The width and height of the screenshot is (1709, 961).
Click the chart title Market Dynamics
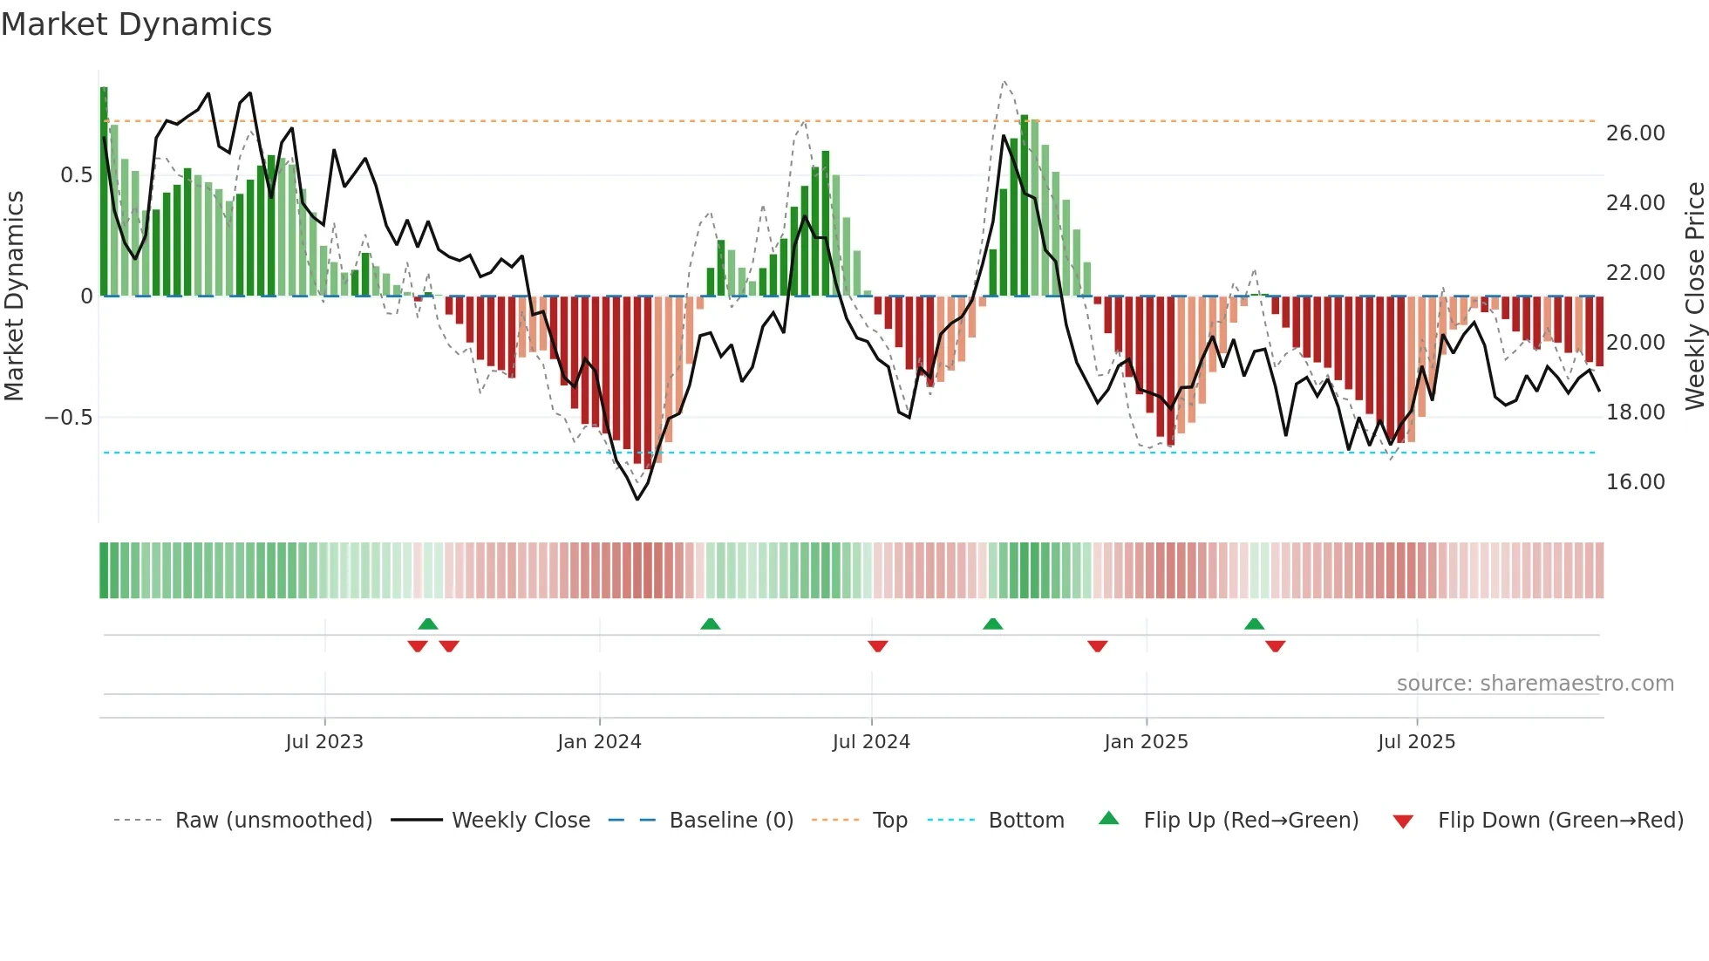[136, 24]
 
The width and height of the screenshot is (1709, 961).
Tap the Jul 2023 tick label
[324, 742]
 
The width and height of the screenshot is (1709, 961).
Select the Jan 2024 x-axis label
[599, 742]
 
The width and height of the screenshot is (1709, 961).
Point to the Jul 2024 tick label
[871, 742]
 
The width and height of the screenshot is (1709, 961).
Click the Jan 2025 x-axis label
[1146, 742]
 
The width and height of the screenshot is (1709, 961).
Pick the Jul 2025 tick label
[1416, 742]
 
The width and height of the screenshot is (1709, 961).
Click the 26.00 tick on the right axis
[1635, 133]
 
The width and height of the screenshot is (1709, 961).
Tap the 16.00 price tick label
[1635, 482]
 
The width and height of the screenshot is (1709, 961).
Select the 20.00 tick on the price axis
[1635, 343]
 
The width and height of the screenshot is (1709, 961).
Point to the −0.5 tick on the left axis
[68, 418]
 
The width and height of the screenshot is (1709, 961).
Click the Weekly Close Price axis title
[1694, 296]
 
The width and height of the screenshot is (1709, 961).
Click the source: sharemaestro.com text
[1535, 684]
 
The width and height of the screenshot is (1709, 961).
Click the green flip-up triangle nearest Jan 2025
[1254, 624]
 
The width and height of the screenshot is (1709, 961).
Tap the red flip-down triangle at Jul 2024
[878, 646]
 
